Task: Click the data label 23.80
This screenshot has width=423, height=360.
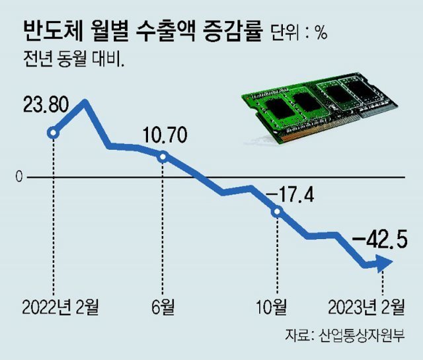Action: [40, 106]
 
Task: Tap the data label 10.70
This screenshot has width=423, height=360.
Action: [163, 137]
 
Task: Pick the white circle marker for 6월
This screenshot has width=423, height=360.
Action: [163, 157]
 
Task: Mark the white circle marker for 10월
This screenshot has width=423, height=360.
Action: [277, 211]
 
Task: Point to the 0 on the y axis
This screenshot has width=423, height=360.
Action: [20, 177]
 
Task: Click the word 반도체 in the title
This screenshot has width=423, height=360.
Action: [50, 30]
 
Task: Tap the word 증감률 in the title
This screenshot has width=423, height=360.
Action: [238, 30]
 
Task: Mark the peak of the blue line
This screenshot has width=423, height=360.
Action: [84, 103]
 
